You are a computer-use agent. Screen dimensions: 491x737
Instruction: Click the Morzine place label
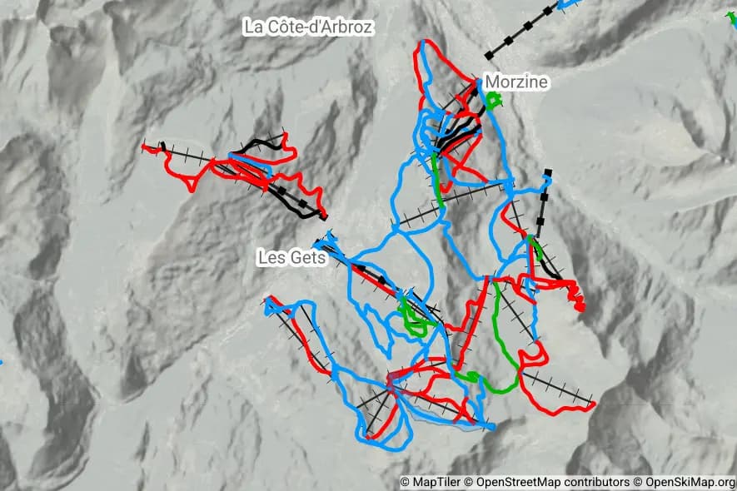tap(516, 82)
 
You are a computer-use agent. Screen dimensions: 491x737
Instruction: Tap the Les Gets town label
tap(291, 258)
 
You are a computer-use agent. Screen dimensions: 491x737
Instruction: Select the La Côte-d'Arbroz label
tap(308, 27)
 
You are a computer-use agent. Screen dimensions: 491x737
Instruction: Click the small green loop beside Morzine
tap(495, 101)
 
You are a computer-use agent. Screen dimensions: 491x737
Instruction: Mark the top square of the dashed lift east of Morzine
tap(548, 173)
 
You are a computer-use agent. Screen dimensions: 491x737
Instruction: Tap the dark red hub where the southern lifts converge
tap(391, 383)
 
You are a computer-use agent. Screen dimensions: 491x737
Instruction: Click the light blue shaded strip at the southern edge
tap(450, 427)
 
